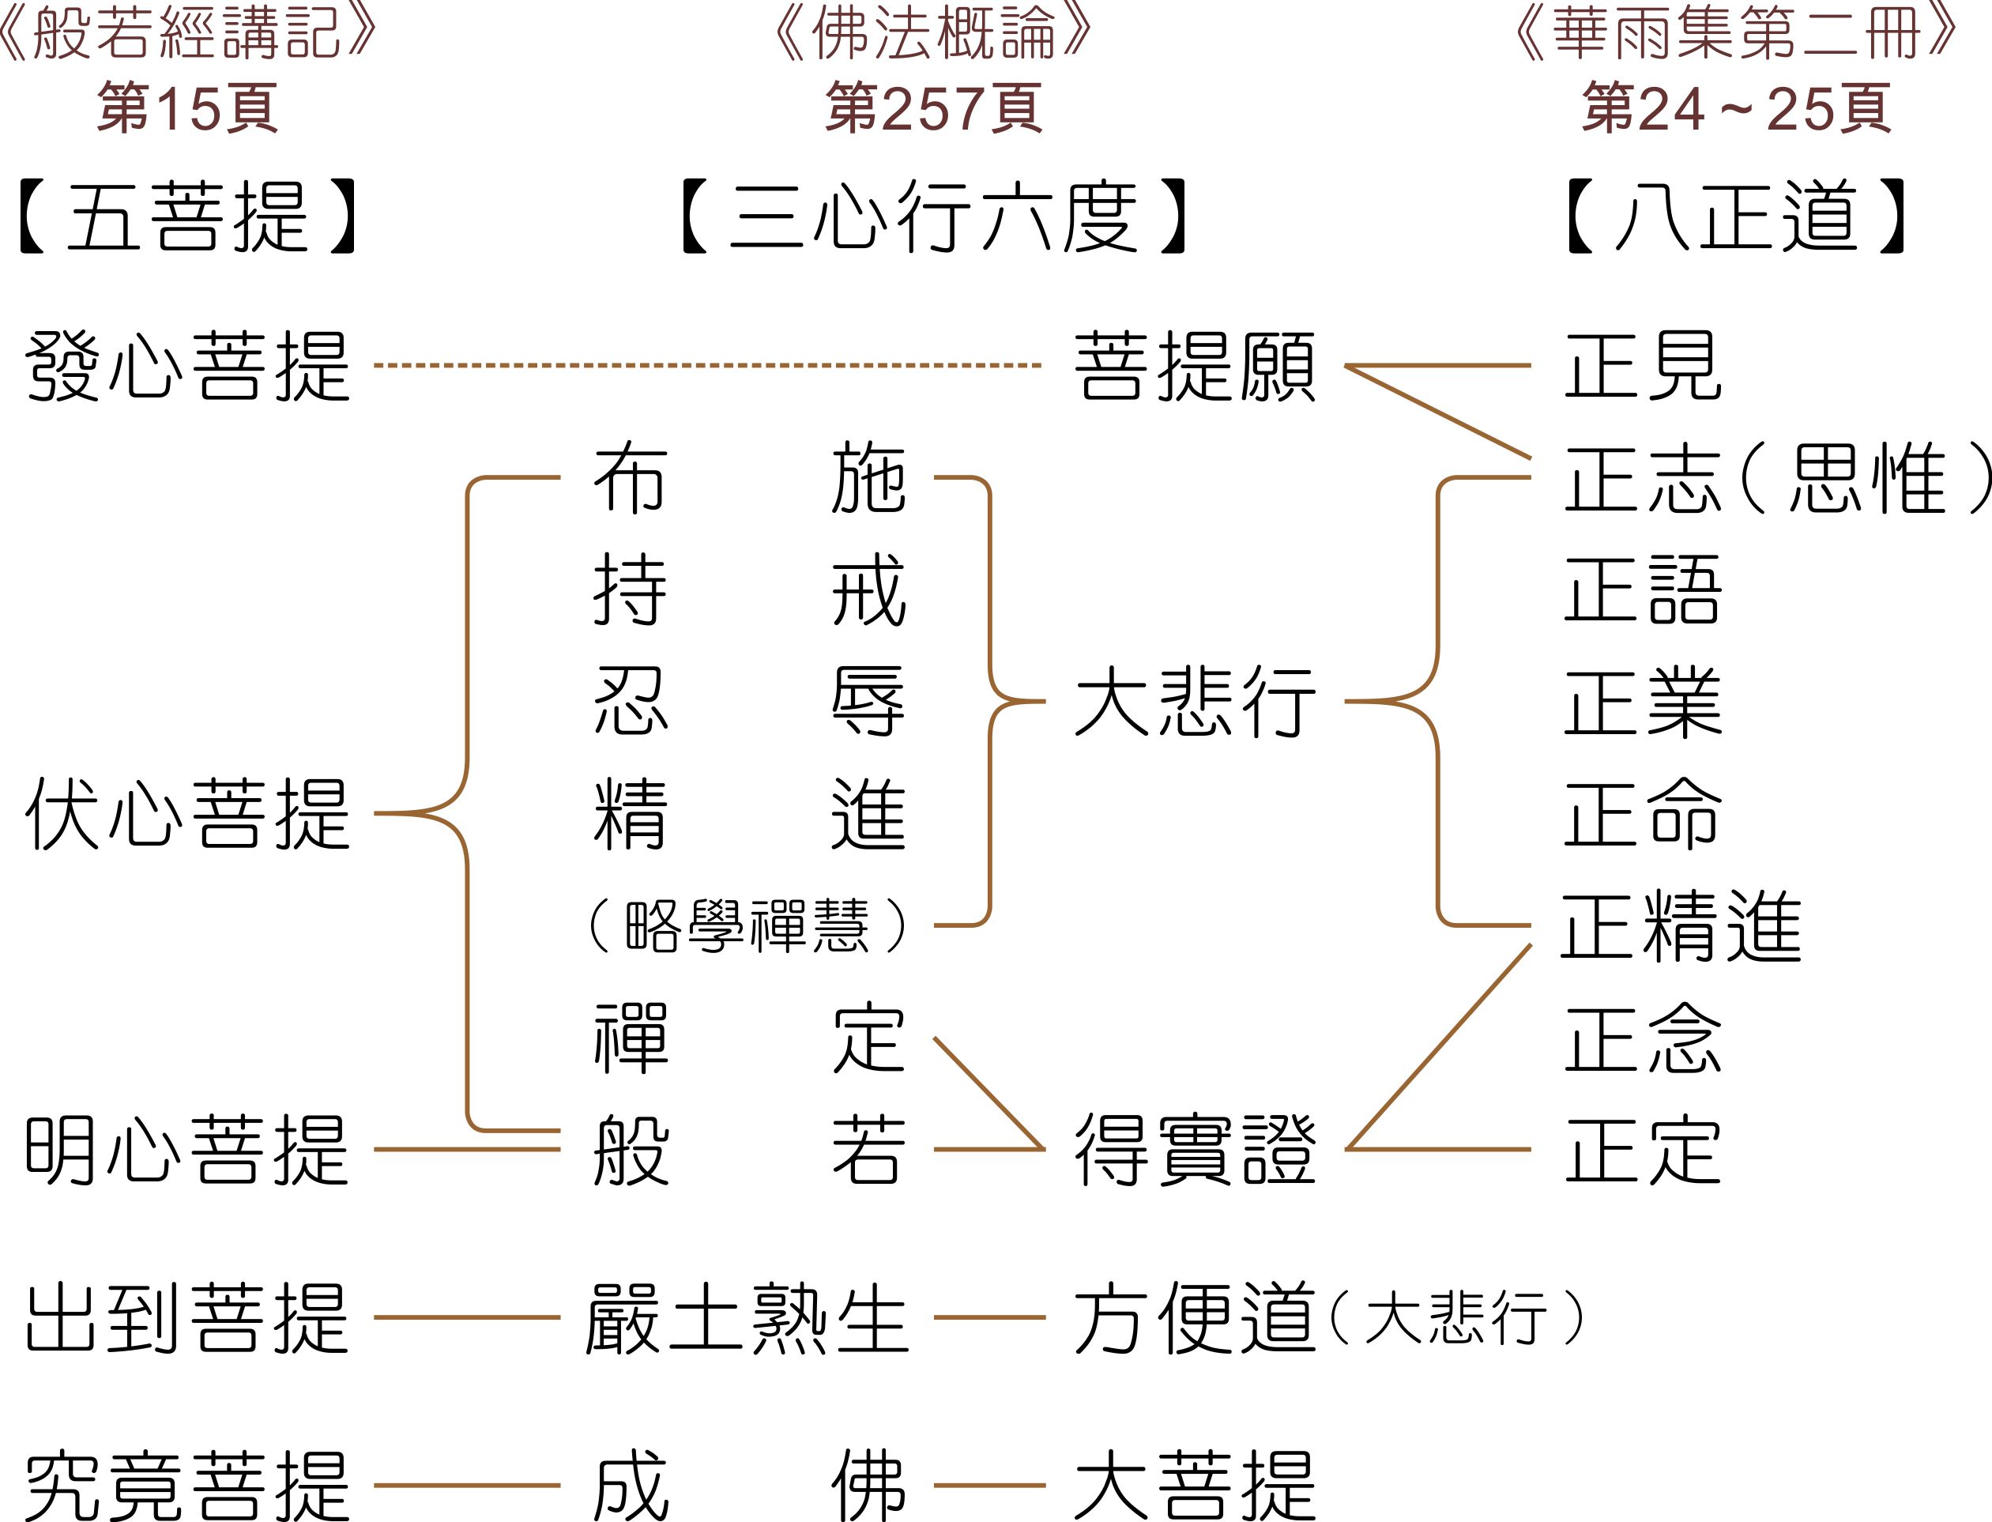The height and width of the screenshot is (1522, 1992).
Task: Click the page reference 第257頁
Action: (x=934, y=107)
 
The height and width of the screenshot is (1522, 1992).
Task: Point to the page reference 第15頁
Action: (x=187, y=107)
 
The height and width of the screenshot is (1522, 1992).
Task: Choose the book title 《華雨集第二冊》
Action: (x=1737, y=35)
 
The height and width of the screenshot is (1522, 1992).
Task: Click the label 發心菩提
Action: (x=187, y=366)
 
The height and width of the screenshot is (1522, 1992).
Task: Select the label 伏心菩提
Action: (x=187, y=813)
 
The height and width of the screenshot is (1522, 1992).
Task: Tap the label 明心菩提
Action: (x=187, y=1150)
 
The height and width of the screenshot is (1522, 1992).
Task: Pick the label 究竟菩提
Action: (x=187, y=1486)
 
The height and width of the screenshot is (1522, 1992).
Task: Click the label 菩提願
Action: (x=1195, y=366)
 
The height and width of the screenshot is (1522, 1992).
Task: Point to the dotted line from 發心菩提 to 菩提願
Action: (x=706, y=366)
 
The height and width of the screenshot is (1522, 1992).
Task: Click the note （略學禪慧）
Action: (x=747, y=925)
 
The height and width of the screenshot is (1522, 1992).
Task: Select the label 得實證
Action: (x=1195, y=1150)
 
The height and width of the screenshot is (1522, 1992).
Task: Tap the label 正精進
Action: (x=1681, y=925)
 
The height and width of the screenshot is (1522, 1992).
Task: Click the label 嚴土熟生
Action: (x=747, y=1318)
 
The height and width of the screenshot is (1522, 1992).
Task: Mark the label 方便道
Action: (x=1195, y=1318)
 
